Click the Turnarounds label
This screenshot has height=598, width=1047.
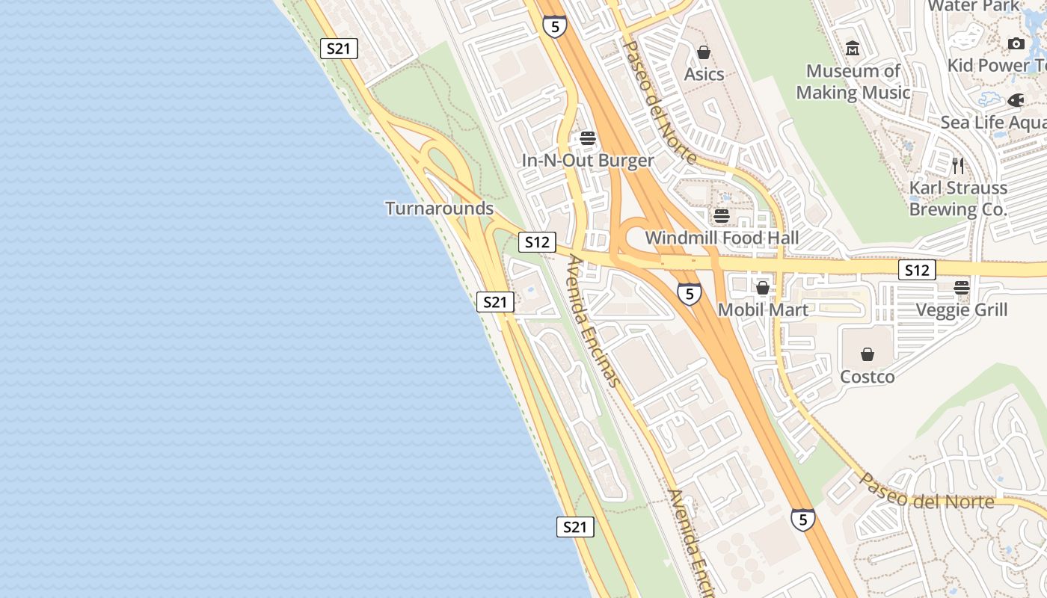439,208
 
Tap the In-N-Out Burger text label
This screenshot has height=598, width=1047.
588,160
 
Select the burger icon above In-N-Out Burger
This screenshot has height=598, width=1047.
588,138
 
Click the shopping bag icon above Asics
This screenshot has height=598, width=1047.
704,52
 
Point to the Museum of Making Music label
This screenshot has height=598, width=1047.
853,81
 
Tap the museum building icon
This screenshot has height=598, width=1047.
853,49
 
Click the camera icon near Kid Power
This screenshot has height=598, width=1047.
1016,43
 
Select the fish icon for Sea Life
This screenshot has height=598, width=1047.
1016,100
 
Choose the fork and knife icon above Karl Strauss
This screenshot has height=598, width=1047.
958,165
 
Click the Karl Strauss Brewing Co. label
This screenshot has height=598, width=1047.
958,198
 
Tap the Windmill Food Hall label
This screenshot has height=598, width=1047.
722,238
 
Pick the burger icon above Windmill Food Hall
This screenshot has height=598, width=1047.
722,216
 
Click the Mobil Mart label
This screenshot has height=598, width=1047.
763,309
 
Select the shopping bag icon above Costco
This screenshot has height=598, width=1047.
868,354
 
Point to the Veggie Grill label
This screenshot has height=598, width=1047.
962,309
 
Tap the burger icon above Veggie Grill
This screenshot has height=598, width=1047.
962,287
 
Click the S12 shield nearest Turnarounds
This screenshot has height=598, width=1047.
537,242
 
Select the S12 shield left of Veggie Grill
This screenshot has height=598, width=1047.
917,270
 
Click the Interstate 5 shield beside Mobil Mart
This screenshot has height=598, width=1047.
690,294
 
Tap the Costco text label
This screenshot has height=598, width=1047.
868,376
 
